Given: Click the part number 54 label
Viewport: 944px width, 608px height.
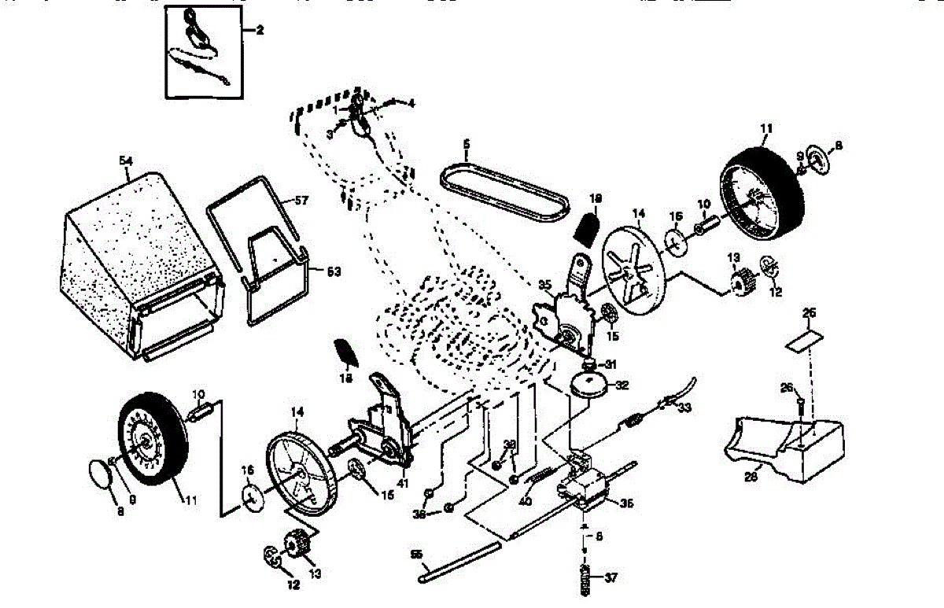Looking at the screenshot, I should pyautogui.click(x=126, y=161).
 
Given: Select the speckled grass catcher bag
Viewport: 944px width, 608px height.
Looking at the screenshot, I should pyautogui.click(x=130, y=252).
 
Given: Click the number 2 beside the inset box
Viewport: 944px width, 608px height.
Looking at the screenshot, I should pyautogui.click(x=260, y=31).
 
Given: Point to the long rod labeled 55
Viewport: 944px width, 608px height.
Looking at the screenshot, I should pyautogui.click(x=460, y=562).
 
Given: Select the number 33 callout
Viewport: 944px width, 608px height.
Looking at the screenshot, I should pyautogui.click(x=685, y=407).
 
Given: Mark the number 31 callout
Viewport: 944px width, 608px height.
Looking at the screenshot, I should pyautogui.click(x=610, y=363).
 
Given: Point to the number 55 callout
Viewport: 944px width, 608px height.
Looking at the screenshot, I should pyautogui.click(x=417, y=554).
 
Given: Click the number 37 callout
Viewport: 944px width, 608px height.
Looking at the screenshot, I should pyautogui.click(x=611, y=578).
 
